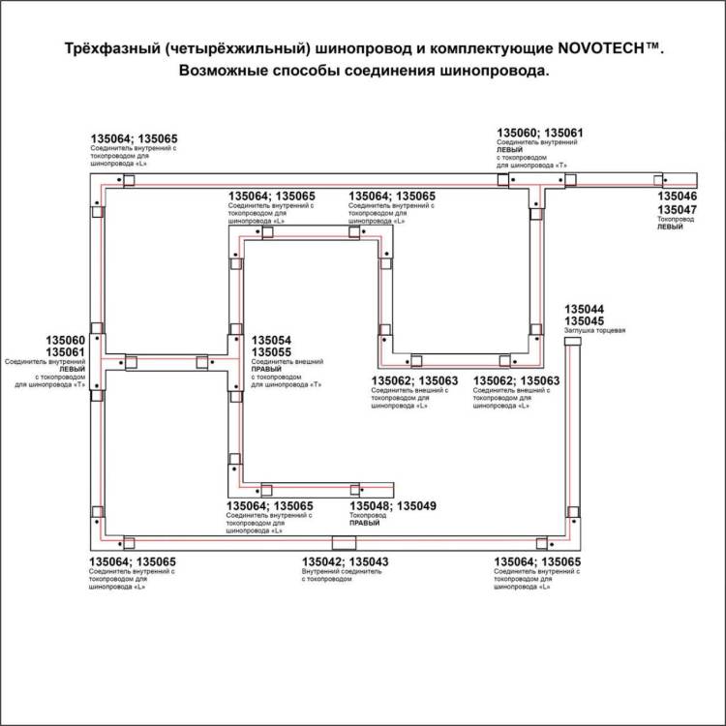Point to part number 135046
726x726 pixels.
(677, 197)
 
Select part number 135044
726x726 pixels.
(584, 308)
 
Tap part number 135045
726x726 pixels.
(584, 320)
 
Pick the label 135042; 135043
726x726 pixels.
(346, 561)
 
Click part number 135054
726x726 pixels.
(271, 341)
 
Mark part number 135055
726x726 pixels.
(271, 353)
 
